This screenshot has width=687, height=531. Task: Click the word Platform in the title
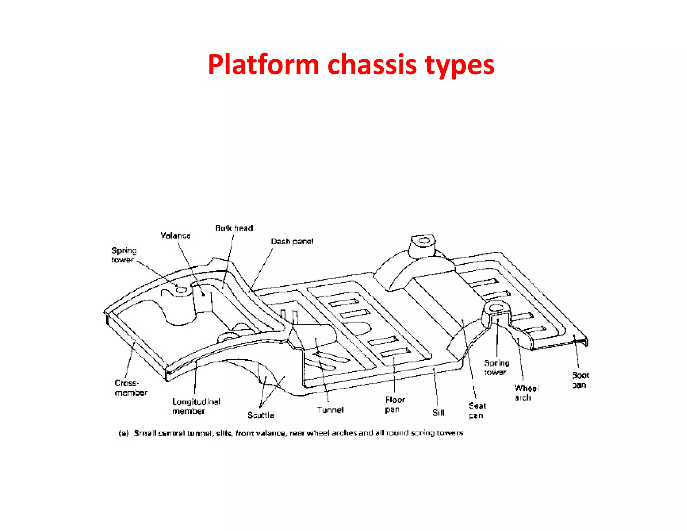click(263, 65)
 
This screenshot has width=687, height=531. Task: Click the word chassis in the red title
click(372, 65)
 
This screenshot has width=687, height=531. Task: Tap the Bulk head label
click(234, 228)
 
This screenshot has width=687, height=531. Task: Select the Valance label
click(175, 236)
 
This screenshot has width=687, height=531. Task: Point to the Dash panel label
click(292, 242)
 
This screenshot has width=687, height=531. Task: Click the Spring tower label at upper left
click(124, 255)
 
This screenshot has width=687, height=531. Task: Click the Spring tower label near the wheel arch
click(496, 368)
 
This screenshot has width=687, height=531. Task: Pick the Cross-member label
click(130, 388)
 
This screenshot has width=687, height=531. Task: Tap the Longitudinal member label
click(196, 406)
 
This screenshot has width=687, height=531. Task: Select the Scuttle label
click(261, 415)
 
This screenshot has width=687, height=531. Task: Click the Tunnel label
click(330, 410)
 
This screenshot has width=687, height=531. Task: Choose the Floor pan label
click(395, 404)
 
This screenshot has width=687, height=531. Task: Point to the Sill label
click(438, 413)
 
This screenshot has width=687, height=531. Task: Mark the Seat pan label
click(477, 411)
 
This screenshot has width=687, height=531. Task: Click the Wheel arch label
click(526, 393)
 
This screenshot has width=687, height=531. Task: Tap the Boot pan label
click(580, 380)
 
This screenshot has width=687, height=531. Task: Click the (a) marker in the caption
click(123, 433)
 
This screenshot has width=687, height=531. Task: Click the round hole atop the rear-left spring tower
click(424, 240)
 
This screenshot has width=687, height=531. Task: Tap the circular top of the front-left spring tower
click(181, 290)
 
